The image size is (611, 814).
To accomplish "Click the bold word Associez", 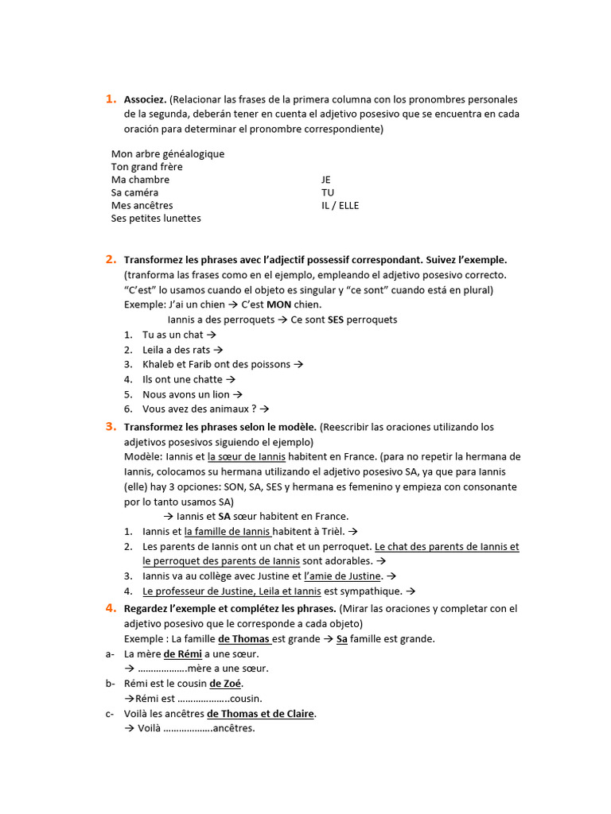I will point(146,100).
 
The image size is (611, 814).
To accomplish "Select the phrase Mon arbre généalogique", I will point(168,154).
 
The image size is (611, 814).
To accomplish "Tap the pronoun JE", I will point(326,180).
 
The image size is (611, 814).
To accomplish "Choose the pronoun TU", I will point(328,192).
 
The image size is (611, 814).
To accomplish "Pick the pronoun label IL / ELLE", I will point(340,205).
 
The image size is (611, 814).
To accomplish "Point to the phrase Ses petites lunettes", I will point(156,219).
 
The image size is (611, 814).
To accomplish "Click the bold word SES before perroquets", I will point(335,320).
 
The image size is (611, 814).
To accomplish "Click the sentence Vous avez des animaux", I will point(200,409).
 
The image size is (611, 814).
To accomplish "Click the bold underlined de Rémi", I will point(182,654).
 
